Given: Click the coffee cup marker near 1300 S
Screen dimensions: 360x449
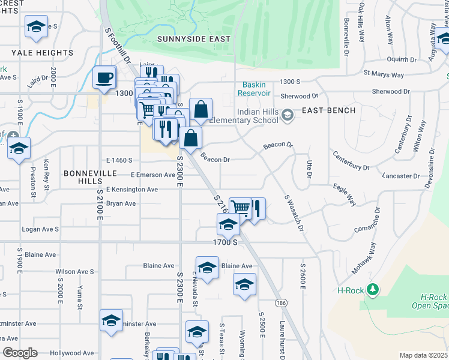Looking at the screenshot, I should (104, 77).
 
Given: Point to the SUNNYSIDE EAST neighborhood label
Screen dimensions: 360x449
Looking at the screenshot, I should (194, 39).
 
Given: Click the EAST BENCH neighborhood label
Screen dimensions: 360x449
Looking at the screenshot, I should (328, 110).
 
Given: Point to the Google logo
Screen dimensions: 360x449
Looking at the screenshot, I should (19, 353).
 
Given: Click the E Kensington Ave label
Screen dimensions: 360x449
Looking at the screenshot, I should (131, 190).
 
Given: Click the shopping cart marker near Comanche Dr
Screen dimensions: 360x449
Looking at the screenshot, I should (240, 208).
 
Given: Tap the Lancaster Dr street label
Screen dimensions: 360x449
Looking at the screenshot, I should (400, 176).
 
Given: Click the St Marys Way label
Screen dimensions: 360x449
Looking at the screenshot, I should (384, 75).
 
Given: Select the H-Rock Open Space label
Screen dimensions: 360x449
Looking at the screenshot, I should (433, 301).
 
